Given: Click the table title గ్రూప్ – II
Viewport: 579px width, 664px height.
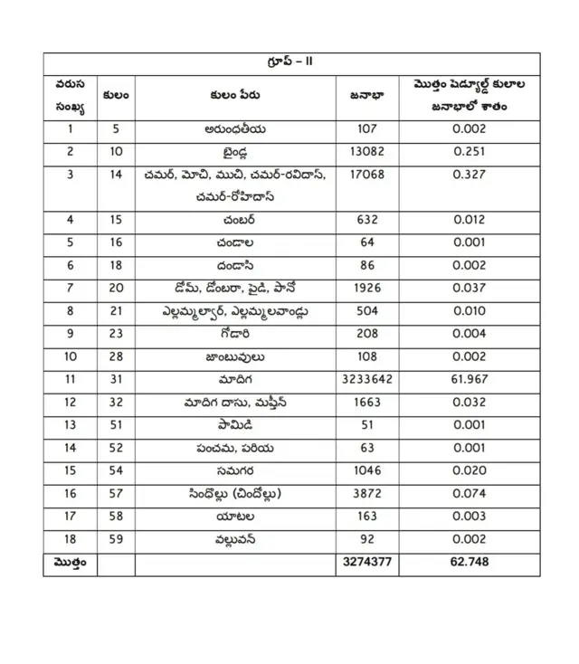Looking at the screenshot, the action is [x=290, y=62].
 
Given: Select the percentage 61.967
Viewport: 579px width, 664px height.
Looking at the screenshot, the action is [x=470, y=378].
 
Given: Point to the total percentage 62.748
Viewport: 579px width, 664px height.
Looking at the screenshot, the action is [x=470, y=564].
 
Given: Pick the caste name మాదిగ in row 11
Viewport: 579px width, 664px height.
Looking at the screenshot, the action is [x=235, y=378].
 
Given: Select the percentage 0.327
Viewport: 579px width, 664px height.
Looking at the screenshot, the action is [x=470, y=175].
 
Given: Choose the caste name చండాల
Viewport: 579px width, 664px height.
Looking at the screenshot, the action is [x=235, y=242].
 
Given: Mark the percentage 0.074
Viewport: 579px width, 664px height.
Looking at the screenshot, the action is [x=470, y=494].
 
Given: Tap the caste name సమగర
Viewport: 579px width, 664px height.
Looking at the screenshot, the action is [x=235, y=470].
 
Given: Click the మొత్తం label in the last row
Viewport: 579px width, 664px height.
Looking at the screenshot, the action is [x=70, y=564].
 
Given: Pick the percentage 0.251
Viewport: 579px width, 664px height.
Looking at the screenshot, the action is [x=470, y=152].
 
